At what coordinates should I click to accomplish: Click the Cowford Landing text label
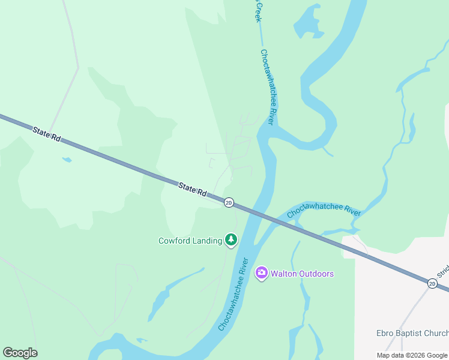click(x=190, y=241)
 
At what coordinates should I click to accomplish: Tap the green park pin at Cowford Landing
click(x=231, y=240)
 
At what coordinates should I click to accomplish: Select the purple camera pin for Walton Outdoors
click(x=261, y=273)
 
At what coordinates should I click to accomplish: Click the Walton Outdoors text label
click(x=302, y=274)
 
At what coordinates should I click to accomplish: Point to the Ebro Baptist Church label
click(x=412, y=334)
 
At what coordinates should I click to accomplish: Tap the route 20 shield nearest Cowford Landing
click(x=229, y=203)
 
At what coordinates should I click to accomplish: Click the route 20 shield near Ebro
click(x=432, y=283)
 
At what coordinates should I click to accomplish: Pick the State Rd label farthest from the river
click(x=47, y=133)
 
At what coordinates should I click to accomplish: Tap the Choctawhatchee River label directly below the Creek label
click(x=267, y=87)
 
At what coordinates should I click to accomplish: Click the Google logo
click(x=20, y=353)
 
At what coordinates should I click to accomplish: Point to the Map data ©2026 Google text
click(x=412, y=355)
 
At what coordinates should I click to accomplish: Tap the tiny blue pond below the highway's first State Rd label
click(x=67, y=160)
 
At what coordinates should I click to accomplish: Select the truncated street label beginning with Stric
click(x=443, y=274)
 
